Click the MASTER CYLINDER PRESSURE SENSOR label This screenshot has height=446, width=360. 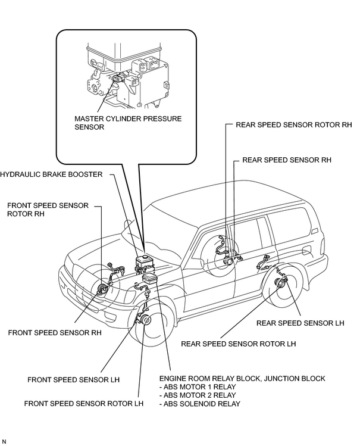tap(128, 123)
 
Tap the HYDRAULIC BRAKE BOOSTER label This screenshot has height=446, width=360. tap(51, 174)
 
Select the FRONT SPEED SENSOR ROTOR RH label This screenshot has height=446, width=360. tap(48, 210)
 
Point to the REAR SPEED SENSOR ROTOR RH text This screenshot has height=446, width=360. tap(294, 124)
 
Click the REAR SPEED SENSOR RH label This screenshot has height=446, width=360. tap(287, 160)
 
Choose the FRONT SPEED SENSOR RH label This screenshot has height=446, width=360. tap(55, 332)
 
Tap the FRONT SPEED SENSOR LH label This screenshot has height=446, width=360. tap(74, 380)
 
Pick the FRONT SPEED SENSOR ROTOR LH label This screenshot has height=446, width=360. tap(84, 403)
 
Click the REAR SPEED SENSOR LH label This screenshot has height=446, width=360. tap(300, 323)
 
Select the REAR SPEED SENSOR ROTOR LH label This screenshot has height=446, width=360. tap(239, 344)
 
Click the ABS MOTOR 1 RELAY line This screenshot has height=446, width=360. tap(198, 387)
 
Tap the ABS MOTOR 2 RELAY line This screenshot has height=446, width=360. tap(198, 395)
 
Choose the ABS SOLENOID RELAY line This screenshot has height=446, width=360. tap(200, 404)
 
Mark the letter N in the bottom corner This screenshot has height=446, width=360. tap(4, 441)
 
